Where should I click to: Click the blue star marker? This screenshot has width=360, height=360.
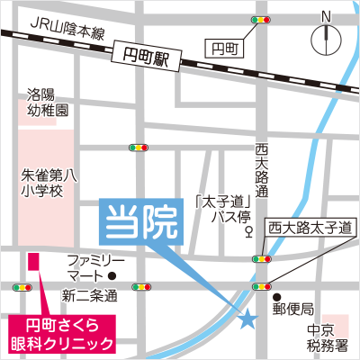point(247,316)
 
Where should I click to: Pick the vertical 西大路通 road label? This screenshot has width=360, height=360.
point(263,170)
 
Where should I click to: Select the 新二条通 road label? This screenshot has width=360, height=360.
point(90,296)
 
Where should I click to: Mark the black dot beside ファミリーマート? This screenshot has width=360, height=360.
point(112,276)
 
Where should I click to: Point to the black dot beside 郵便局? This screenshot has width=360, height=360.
point(278,298)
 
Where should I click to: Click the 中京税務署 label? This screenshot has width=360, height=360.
point(321,336)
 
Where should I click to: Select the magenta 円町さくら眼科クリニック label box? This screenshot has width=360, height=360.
point(62,334)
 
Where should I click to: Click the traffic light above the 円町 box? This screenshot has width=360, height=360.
point(263,19)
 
